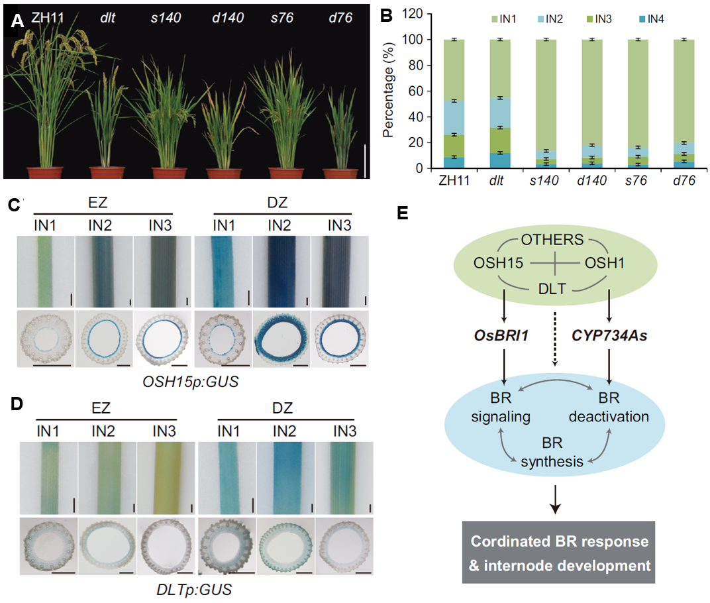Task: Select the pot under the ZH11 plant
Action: [x=44, y=173]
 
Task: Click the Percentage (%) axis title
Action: [x=391, y=93]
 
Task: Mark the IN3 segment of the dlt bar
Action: [x=501, y=140]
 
